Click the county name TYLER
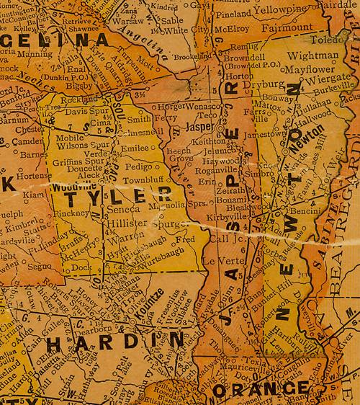(x=120, y=196)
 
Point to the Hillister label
(x=127, y=224)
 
